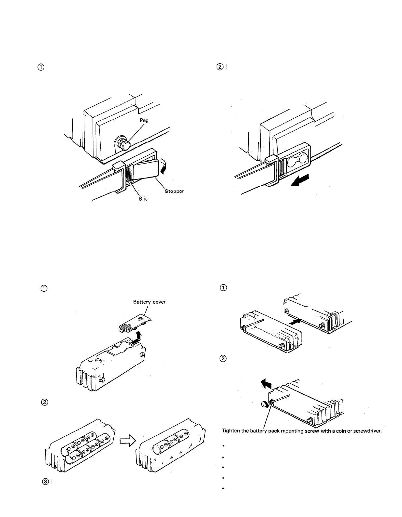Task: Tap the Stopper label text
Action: pyautogui.click(x=174, y=191)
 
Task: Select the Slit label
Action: pyautogui.click(x=142, y=198)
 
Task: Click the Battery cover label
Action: pyautogui.click(x=149, y=302)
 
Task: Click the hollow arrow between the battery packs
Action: pyautogui.click(x=125, y=442)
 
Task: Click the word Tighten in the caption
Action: pyautogui.click(x=230, y=431)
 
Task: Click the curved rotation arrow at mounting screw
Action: pyautogui.click(x=266, y=404)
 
